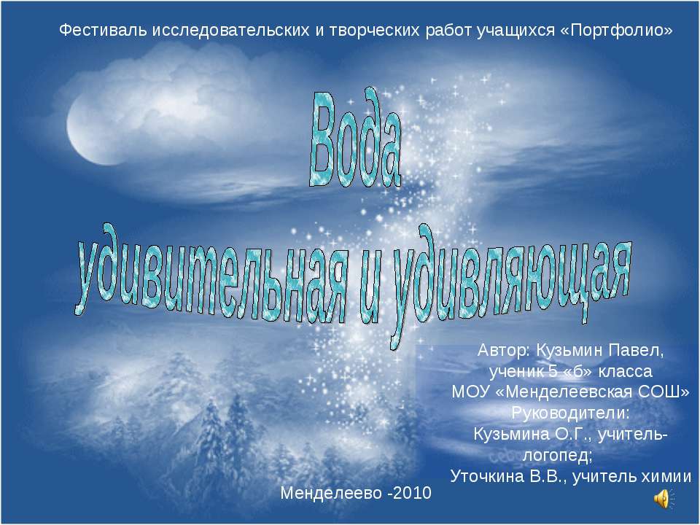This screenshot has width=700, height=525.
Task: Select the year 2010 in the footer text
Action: pyautogui.click(x=413, y=494)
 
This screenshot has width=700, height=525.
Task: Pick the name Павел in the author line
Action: pyautogui.click(x=639, y=349)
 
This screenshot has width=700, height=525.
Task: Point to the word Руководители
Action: pyautogui.click(x=570, y=413)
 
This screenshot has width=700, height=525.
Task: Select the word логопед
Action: pyautogui.click(x=557, y=456)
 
